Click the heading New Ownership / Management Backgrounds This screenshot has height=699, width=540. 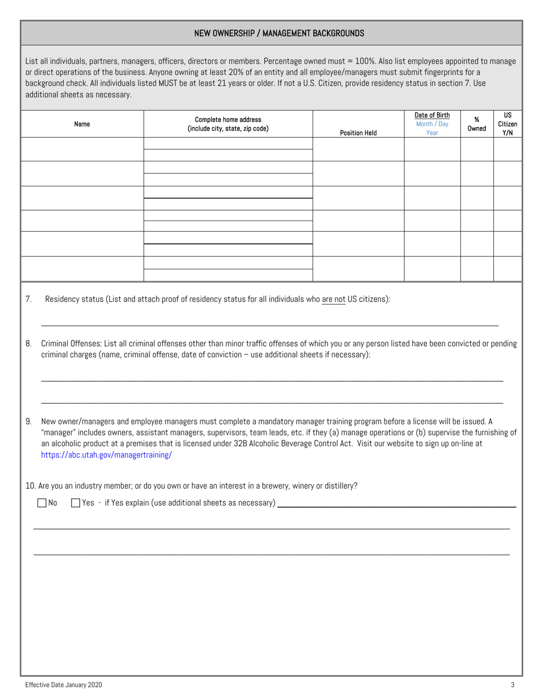(x=279, y=34)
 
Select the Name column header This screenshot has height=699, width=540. (x=82, y=124)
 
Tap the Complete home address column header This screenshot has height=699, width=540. (x=228, y=124)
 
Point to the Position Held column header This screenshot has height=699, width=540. (x=358, y=133)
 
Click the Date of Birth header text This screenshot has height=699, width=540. (x=432, y=115)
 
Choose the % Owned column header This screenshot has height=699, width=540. (x=476, y=124)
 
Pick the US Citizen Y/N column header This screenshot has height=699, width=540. (x=508, y=124)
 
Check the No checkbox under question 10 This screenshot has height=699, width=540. (x=41, y=503)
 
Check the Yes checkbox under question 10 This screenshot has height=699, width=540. (x=76, y=503)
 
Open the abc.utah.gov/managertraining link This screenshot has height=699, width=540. (x=106, y=455)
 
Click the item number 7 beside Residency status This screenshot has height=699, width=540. (x=28, y=299)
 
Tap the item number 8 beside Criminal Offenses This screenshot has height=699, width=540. (x=28, y=343)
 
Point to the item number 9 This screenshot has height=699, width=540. (x=28, y=421)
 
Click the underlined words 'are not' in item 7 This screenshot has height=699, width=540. (x=334, y=299)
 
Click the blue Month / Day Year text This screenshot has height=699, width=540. (x=432, y=128)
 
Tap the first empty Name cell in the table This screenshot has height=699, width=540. (x=82, y=149)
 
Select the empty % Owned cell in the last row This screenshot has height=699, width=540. (x=476, y=269)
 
